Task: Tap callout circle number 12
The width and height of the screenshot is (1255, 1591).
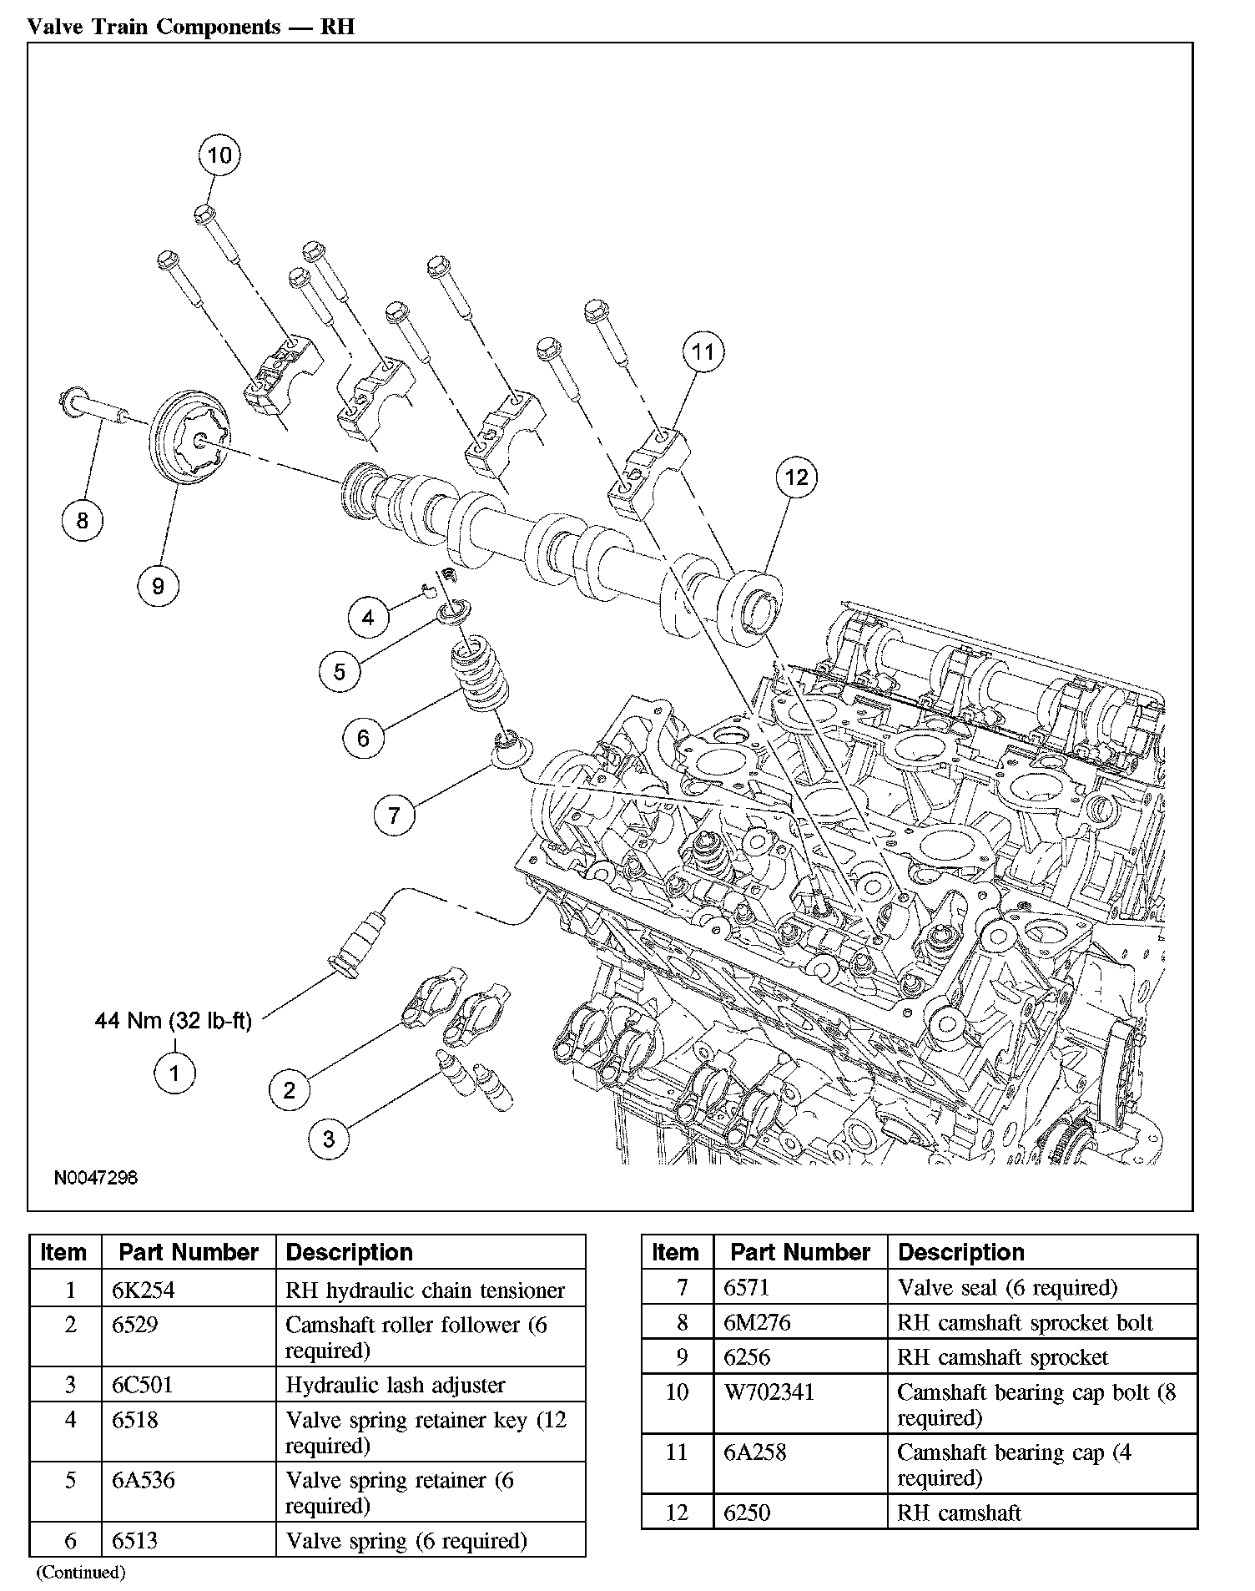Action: pos(797,477)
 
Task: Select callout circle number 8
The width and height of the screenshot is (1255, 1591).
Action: pos(82,521)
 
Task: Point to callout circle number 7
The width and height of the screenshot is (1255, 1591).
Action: pos(394,815)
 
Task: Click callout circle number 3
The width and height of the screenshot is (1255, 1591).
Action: pos(329,1139)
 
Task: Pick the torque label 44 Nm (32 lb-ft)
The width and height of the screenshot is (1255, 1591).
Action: pos(174,1020)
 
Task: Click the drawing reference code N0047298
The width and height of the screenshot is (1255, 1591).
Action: pos(96,1178)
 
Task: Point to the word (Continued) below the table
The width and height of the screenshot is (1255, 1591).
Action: pos(80,1573)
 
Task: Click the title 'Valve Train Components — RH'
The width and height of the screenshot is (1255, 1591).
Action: pos(191,27)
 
